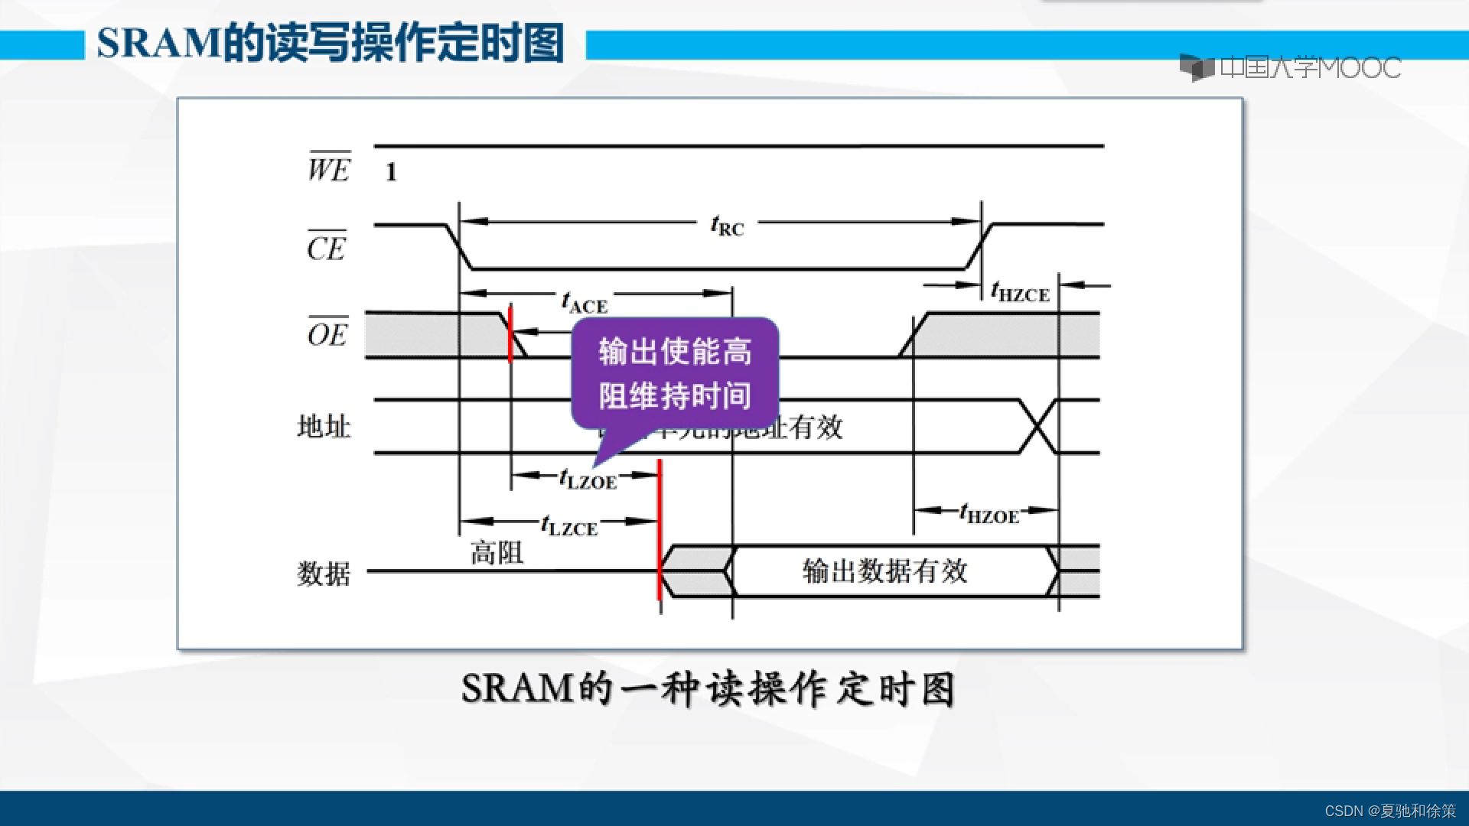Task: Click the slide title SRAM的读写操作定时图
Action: [331, 44]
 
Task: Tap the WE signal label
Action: [329, 167]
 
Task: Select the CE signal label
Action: [327, 247]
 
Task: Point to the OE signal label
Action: [327, 333]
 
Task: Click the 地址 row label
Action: [324, 426]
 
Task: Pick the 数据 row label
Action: [324, 573]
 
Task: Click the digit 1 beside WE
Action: [391, 172]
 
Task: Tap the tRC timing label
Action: [727, 226]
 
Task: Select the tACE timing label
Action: [585, 303]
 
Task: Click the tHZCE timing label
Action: [1020, 292]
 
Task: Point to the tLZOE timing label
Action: [588, 480]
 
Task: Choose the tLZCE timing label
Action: [568, 525]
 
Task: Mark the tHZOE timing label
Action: [989, 513]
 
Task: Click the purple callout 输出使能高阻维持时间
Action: [675, 374]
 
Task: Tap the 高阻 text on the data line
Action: [497, 552]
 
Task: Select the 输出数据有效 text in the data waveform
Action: [885, 571]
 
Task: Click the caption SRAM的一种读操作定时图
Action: [708, 688]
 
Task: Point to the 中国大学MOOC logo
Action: [1291, 68]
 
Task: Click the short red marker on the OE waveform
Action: [510, 334]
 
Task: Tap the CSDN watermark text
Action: [1389, 811]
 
